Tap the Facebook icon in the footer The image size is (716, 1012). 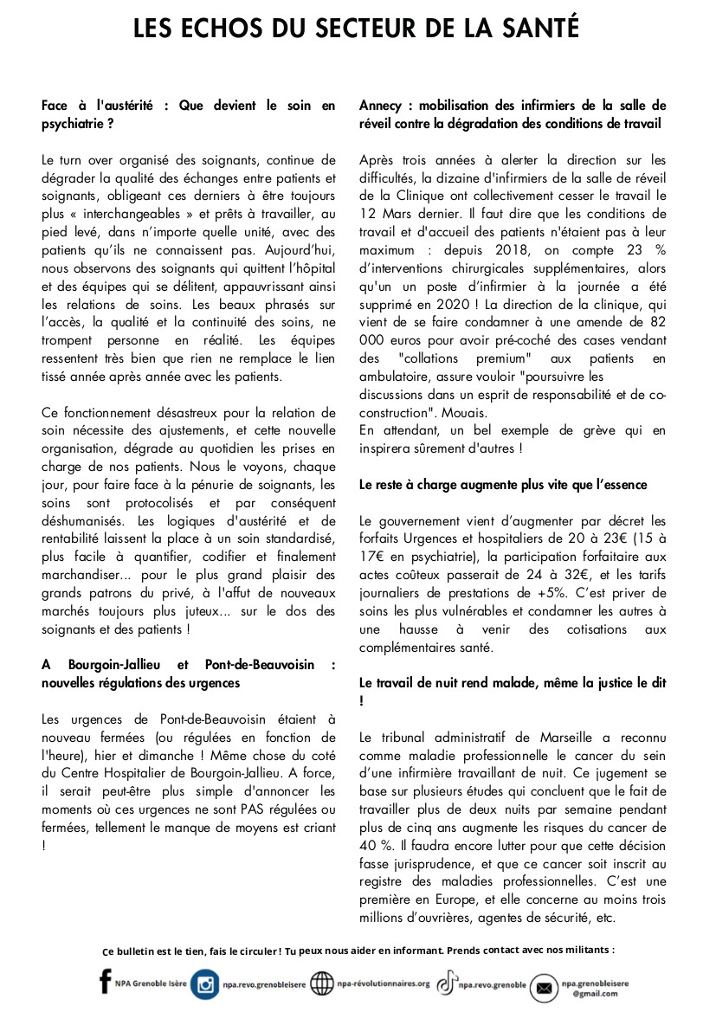106,983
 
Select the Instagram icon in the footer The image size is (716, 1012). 205,984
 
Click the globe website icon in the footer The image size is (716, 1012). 321,983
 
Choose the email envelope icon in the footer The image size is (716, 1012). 544,988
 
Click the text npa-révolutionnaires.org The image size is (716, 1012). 384,983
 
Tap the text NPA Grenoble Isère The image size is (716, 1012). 151,984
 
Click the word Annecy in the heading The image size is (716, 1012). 380,106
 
